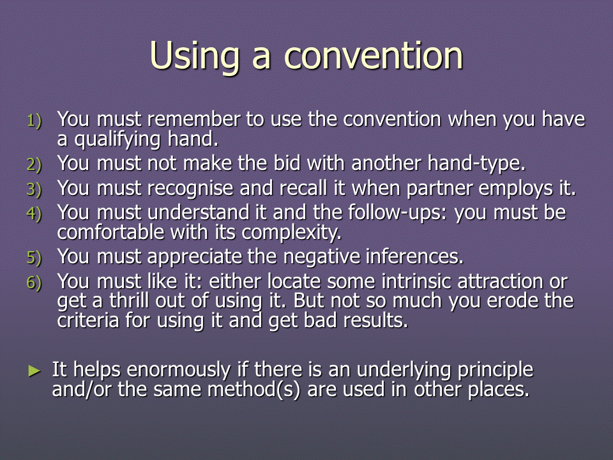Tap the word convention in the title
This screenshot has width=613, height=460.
[x=374, y=55]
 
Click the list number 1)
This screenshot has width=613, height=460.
[x=34, y=121]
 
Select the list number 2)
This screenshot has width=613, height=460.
[x=34, y=164]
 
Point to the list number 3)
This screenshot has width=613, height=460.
[x=34, y=189]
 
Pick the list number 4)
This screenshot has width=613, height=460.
[x=34, y=213]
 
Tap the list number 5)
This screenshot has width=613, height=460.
[x=34, y=257]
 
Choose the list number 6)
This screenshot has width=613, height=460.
[x=34, y=282]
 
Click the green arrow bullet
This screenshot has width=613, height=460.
[x=34, y=371]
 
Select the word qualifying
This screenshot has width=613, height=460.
[x=117, y=140]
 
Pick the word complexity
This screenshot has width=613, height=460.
[x=291, y=233]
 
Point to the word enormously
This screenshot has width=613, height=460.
[x=179, y=371]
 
